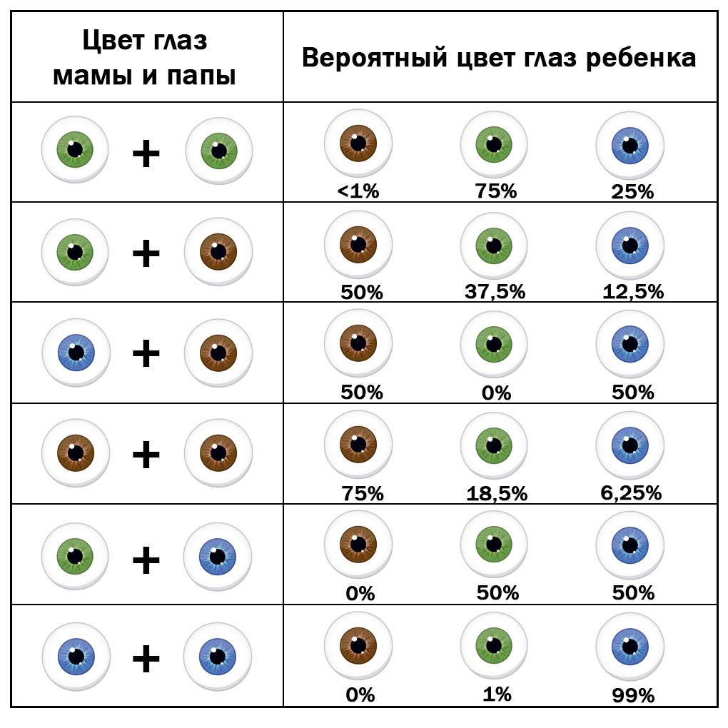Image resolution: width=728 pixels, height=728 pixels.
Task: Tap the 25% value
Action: (x=632, y=191)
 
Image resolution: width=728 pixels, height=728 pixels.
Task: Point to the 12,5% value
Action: (x=632, y=292)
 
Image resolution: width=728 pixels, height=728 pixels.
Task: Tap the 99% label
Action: (x=632, y=695)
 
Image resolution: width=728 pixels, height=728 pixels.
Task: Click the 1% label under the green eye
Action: (x=496, y=694)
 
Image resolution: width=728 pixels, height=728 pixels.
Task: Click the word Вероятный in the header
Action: (x=374, y=58)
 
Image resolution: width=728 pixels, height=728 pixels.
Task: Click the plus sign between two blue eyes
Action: (x=146, y=657)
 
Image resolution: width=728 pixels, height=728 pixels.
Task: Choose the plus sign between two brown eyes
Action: (x=146, y=455)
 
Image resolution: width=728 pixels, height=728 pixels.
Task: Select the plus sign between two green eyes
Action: (x=146, y=152)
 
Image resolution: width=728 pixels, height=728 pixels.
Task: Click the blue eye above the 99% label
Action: (x=630, y=647)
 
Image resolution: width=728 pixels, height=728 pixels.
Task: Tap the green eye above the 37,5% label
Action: (x=494, y=246)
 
